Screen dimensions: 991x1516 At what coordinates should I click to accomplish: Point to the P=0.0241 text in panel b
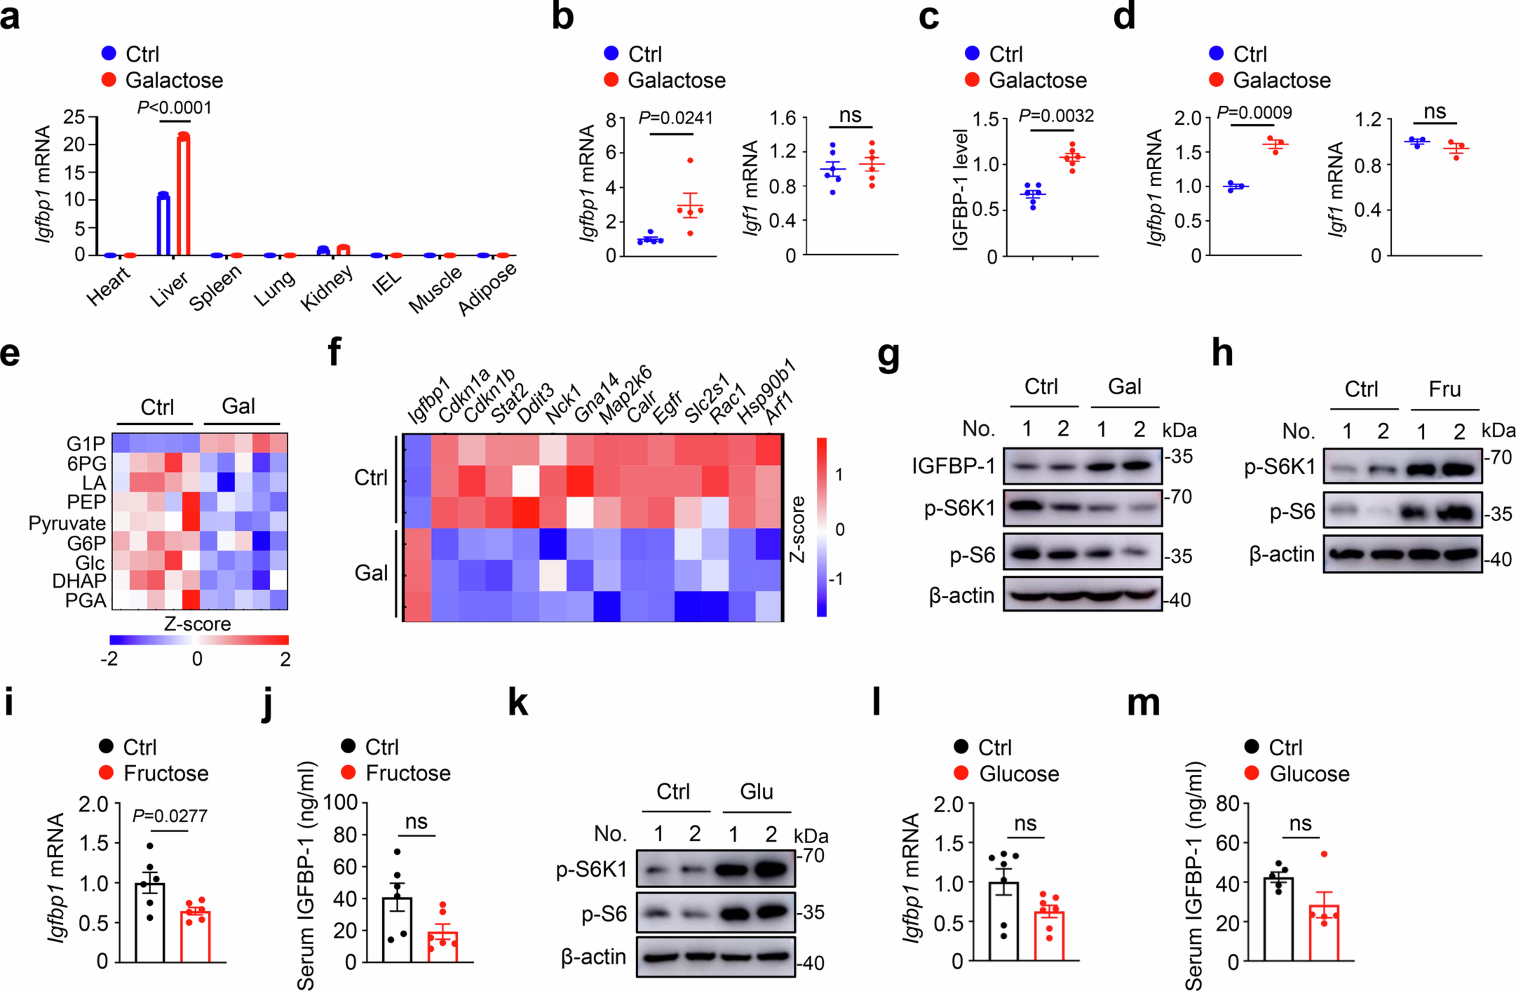[676, 118]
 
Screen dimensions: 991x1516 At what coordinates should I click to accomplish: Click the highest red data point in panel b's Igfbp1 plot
[690, 160]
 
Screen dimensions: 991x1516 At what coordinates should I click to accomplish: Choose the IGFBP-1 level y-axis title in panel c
[961, 190]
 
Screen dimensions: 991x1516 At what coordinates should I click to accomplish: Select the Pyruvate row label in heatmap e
[67, 524]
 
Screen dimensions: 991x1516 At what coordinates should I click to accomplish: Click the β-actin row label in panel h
[1282, 555]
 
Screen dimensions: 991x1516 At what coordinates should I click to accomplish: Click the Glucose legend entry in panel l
[1018, 774]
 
